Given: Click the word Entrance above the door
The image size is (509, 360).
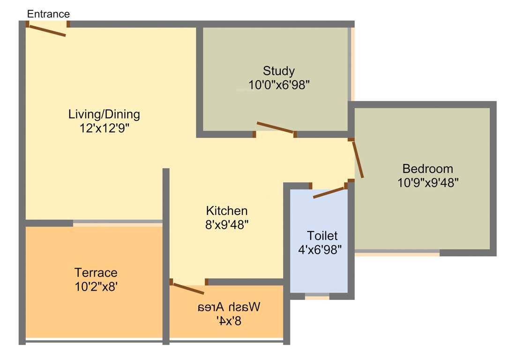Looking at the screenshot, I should click(48, 14).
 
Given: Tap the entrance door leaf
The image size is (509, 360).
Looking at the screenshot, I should click(47, 30).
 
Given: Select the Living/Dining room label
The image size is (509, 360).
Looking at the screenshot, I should click(104, 114).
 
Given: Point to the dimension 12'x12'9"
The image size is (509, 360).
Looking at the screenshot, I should click(104, 128).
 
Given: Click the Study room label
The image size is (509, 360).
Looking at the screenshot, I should click(279, 71).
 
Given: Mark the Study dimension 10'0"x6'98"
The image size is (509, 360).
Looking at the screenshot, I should click(279, 85).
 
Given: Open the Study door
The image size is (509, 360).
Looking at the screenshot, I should click(275, 127).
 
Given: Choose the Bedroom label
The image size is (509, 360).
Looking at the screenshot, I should click(427, 168).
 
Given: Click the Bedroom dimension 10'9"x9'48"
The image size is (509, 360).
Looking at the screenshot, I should click(427, 182).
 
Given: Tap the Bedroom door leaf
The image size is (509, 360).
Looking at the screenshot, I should click(358, 159).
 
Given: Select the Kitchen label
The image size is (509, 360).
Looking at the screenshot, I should click(226, 210).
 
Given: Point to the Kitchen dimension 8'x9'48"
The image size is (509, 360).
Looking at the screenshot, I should click(226, 225).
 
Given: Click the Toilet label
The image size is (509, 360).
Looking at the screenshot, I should click(322, 235).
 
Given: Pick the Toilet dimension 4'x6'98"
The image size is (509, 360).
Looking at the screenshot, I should click(320, 249).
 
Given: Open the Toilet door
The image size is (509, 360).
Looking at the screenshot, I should click(329, 193).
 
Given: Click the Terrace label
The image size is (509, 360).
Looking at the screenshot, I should click(96, 272).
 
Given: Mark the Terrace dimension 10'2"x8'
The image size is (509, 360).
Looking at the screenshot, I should click(96, 286).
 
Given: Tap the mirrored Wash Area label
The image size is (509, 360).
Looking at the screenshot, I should click(228, 307).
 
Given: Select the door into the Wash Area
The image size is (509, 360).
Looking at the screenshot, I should click(188, 288).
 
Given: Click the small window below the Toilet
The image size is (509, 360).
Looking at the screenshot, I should click(317, 296).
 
